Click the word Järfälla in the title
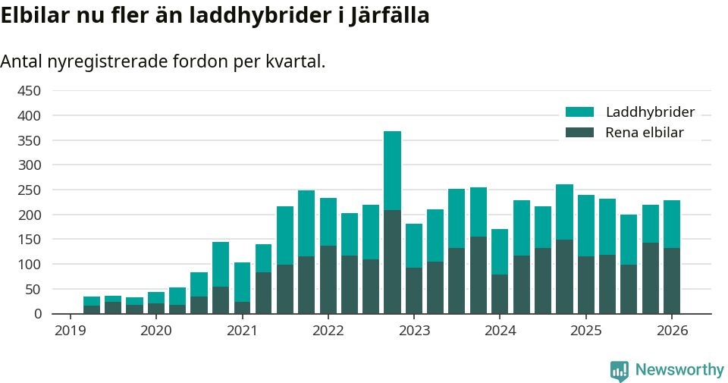pyautogui.click(x=390, y=16)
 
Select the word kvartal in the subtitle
pyautogui.click(x=294, y=61)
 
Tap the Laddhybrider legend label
pyautogui.click(x=650, y=112)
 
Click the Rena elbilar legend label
pyautogui.click(x=644, y=133)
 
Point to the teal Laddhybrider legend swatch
pyautogui.click(x=580, y=112)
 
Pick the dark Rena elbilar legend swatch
pyautogui.click(x=580, y=133)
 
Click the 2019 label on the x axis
pyautogui.click(x=70, y=331)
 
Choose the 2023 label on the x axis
pyautogui.click(x=414, y=331)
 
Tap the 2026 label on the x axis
pyautogui.click(x=672, y=331)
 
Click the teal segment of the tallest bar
pyautogui.click(x=392, y=171)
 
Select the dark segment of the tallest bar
pyautogui.click(x=392, y=262)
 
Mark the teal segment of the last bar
pyautogui.click(x=672, y=224)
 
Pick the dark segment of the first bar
pyautogui.click(x=92, y=309)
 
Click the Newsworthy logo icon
pyautogui.click(x=620, y=370)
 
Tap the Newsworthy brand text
pyautogui.click(x=679, y=370)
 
